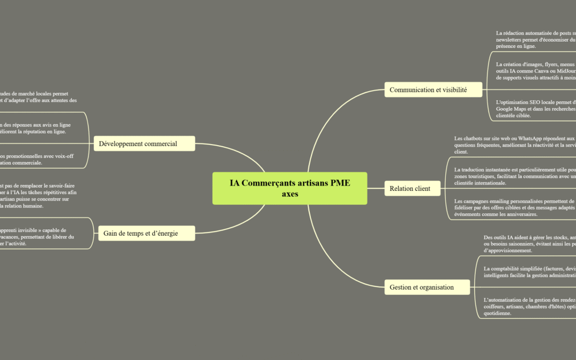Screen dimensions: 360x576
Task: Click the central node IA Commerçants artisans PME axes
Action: coord(290,188)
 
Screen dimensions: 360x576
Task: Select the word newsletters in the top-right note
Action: coord(513,39)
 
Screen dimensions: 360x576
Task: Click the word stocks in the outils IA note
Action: coord(545,237)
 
